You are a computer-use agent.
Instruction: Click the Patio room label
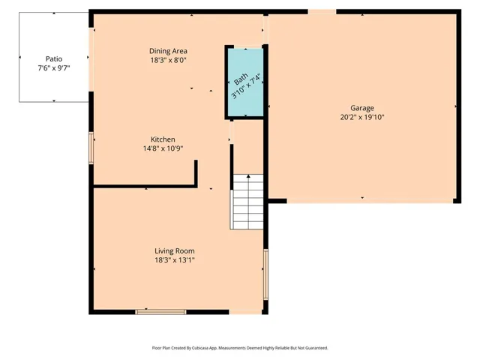(x=53, y=58)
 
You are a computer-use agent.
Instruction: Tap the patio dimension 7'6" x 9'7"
(x=53, y=67)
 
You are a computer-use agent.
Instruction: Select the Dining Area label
(x=168, y=51)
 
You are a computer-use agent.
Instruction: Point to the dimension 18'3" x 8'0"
(x=168, y=61)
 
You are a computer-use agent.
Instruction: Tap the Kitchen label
(x=163, y=139)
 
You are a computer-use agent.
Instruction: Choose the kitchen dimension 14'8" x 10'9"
(x=163, y=149)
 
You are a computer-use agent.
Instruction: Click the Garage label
(x=362, y=108)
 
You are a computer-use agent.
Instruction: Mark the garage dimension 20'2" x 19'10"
(x=362, y=118)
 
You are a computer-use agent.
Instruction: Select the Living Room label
(x=175, y=250)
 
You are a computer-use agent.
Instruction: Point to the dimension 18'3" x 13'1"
(x=175, y=260)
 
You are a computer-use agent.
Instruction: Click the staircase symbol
(x=247, y=202)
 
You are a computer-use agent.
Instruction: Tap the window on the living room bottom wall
(x=160, y=310)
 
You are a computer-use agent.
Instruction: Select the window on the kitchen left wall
(x=91, y=148)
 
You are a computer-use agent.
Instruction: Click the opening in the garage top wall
(x=322, y=11)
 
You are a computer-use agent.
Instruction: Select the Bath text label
(x=241, y=81)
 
